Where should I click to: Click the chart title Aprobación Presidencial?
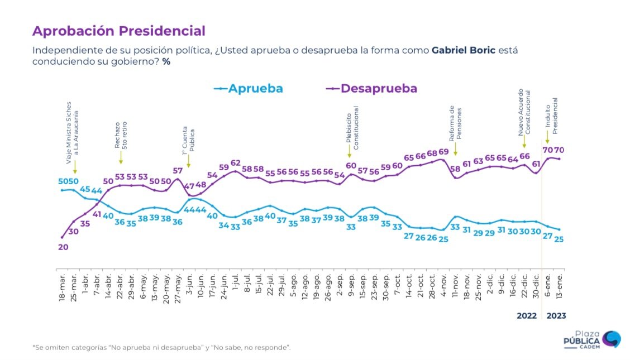pos(119,31)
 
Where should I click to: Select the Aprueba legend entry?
pos(249,88)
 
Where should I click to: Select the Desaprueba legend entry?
pos(371,88)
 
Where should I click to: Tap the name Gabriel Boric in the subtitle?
pos(463,51)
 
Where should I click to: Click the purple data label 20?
pos(63,247)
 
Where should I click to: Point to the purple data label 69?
pos(443,152)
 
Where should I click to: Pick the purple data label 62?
pos(236,163)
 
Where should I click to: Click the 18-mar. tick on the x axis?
pos(63,288)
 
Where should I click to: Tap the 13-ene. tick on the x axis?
pos(559,286)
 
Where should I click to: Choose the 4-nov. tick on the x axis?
pos(444,285)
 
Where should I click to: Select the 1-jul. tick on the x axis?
pos(236,285)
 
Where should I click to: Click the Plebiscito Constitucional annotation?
pos(352,128)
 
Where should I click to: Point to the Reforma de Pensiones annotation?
pos(455,123)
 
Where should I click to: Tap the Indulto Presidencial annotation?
pos(551,116)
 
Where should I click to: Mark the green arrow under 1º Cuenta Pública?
pos(188,161)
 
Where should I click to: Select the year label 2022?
pos(527,316)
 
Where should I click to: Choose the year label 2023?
pos(556,316)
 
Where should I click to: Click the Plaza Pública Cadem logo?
pos(592,340)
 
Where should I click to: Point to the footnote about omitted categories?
pos(161,348)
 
